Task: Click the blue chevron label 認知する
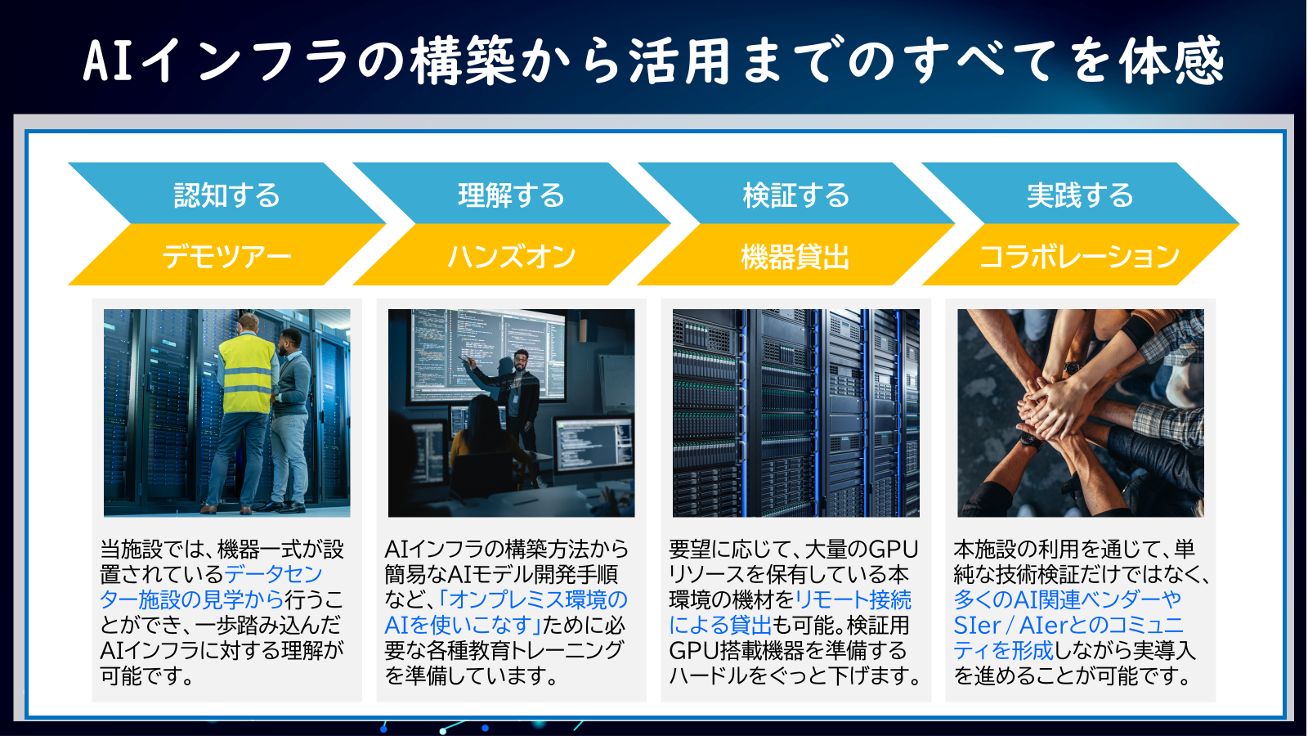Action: click(226, 195)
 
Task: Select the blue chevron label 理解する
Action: click(511, 195)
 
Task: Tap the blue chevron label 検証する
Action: click(795, 195)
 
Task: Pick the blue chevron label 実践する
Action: click(1080, 195)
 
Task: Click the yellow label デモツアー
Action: click(226, 257)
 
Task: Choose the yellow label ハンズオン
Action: click(511, 257)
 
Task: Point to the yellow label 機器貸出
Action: click(795, 257)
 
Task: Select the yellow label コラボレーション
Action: click(1079, 257)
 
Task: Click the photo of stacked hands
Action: click(1080, 412)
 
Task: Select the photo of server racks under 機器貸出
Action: click(795, 412)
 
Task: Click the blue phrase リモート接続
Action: click(853, 600)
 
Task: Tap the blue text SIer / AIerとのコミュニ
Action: click(1068, 626)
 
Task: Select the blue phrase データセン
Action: click(274, 574)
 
